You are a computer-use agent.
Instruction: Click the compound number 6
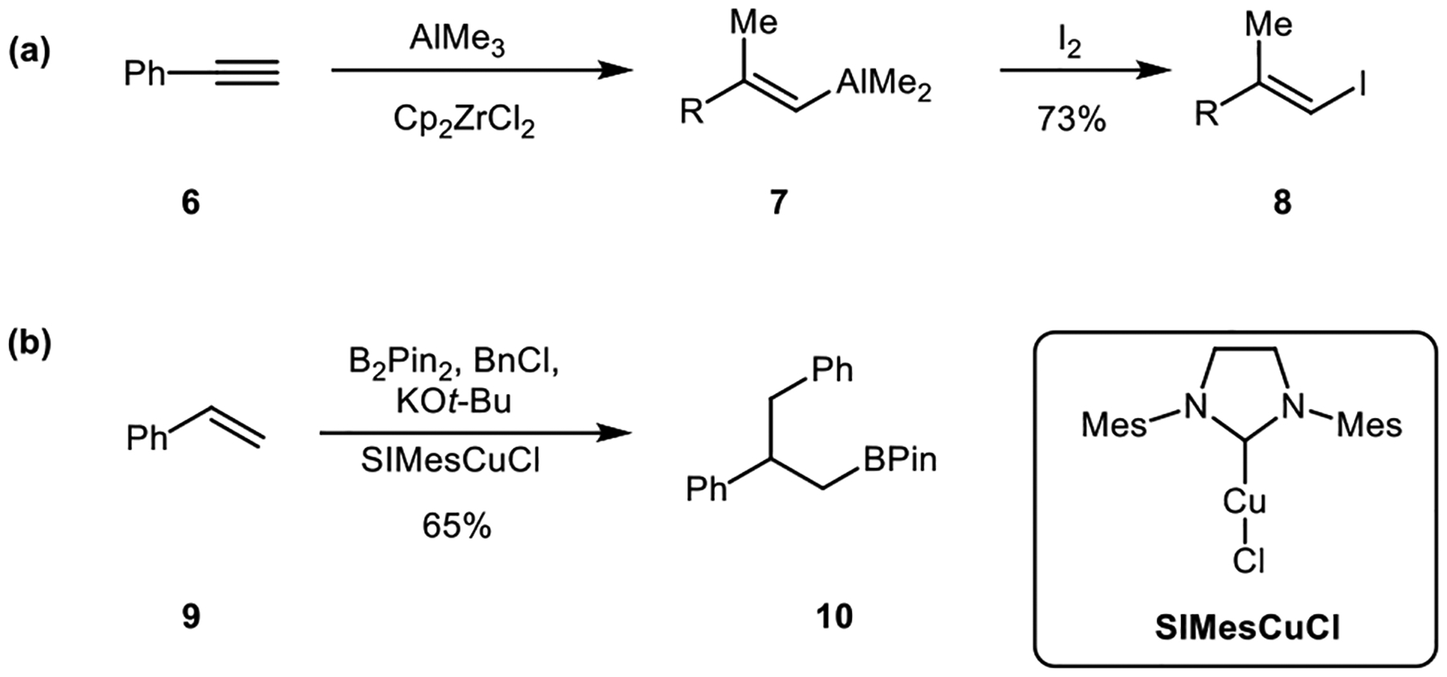point(191,203)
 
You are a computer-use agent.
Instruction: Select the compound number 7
point(777,203)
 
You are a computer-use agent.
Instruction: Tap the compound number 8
point(1282,203)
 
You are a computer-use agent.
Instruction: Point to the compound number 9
point(191,618)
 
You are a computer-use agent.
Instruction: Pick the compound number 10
point(834,618)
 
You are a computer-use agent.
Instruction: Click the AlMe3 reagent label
point(457,39)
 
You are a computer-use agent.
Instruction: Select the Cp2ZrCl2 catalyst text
point(464,121)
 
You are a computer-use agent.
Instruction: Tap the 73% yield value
point(1072,121)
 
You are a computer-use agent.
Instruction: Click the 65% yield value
point(456,527)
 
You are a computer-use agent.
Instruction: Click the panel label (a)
point(30,52)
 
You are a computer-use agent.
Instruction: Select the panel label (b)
point(30,343)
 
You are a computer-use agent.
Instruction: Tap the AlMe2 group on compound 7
point(883,84)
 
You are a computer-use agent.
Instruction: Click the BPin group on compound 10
point(900,460)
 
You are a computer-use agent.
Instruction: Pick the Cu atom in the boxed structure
point(1244,502)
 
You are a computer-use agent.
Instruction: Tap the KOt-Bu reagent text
point(453,401)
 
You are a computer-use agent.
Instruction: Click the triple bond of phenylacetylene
point(248,74)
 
